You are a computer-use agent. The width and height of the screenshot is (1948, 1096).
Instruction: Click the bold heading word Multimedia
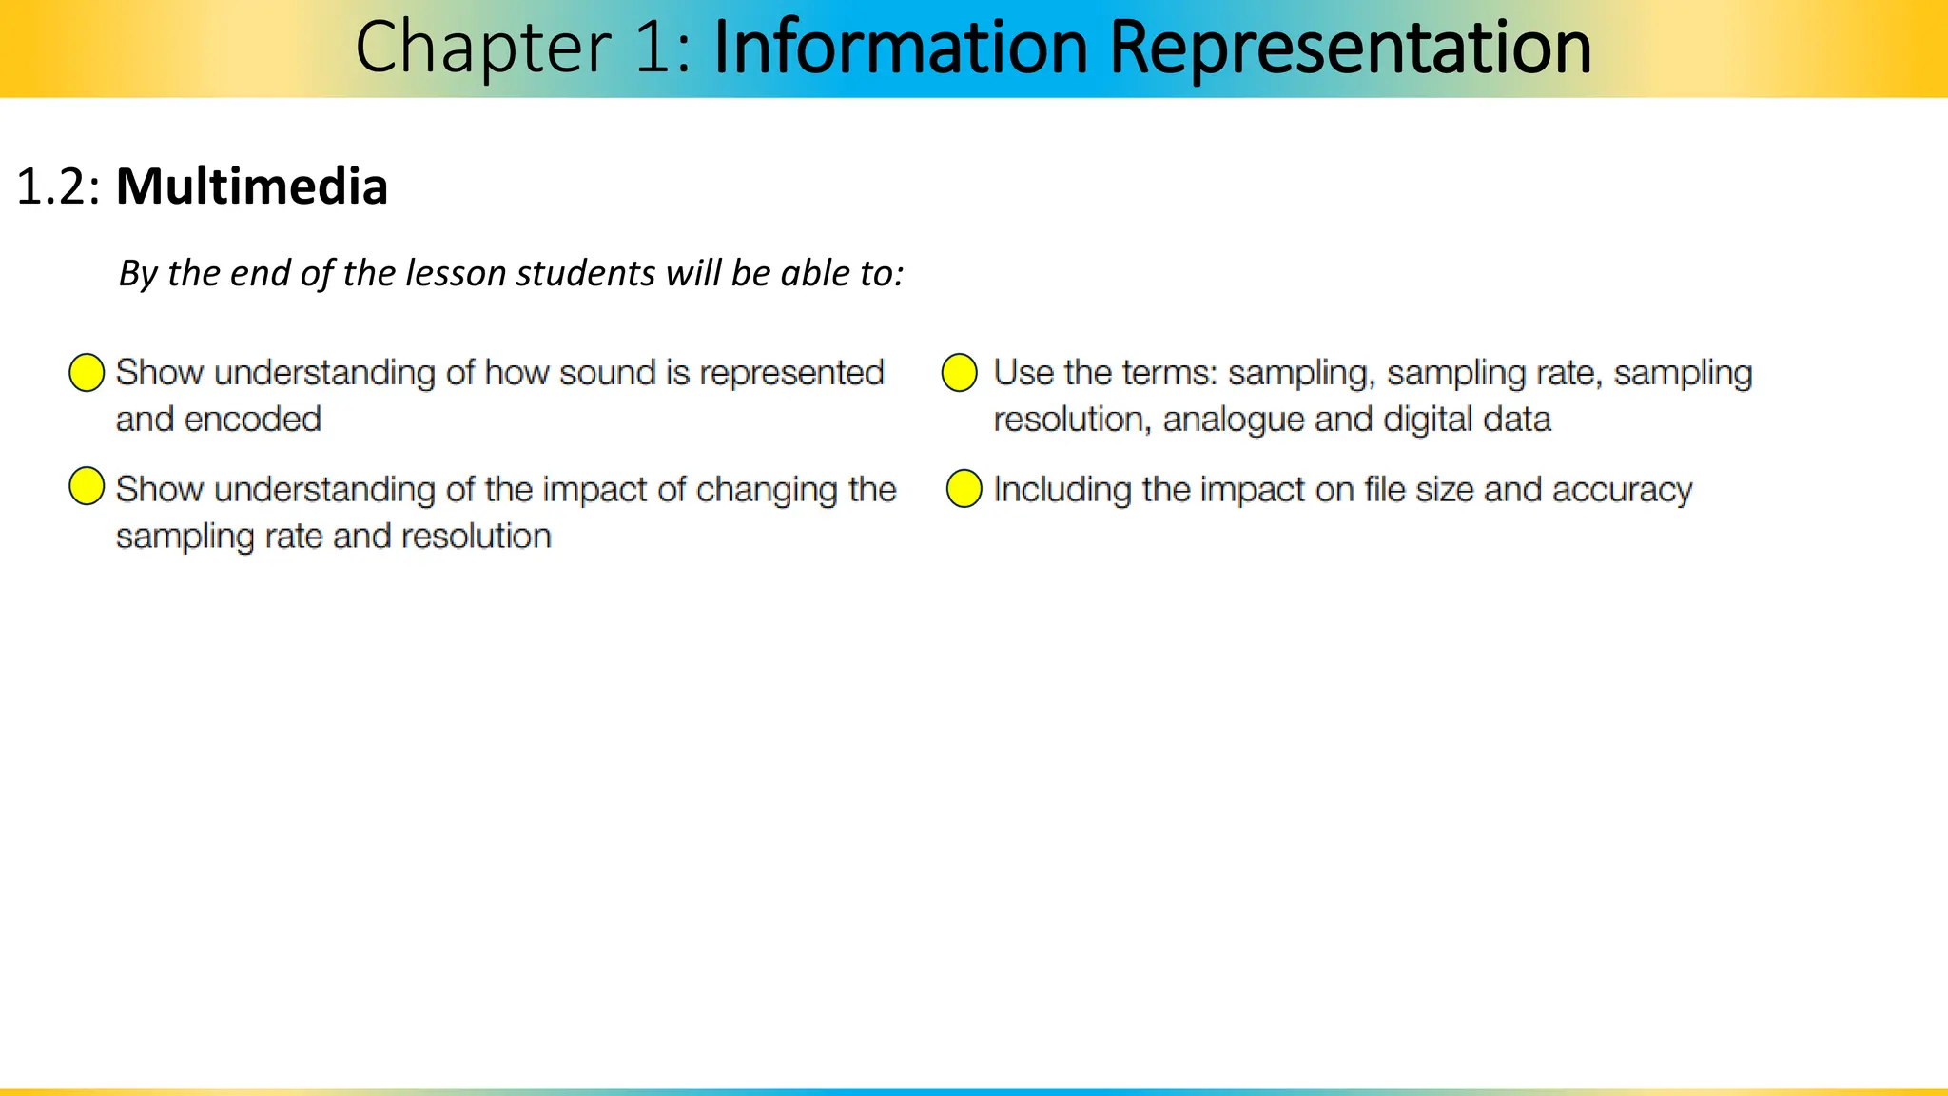252,186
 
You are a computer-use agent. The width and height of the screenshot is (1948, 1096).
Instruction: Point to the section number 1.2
57,186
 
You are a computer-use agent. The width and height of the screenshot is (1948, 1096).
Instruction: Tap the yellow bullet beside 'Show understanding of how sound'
87,373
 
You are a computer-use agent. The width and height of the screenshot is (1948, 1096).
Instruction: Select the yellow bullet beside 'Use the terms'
959,373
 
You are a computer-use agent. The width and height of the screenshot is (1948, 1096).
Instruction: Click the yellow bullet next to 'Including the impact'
964,489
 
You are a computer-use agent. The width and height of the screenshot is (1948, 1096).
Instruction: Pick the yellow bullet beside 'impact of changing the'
87,486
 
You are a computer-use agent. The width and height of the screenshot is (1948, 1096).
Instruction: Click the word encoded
252,420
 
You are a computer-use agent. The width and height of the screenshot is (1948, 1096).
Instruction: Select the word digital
1425,420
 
